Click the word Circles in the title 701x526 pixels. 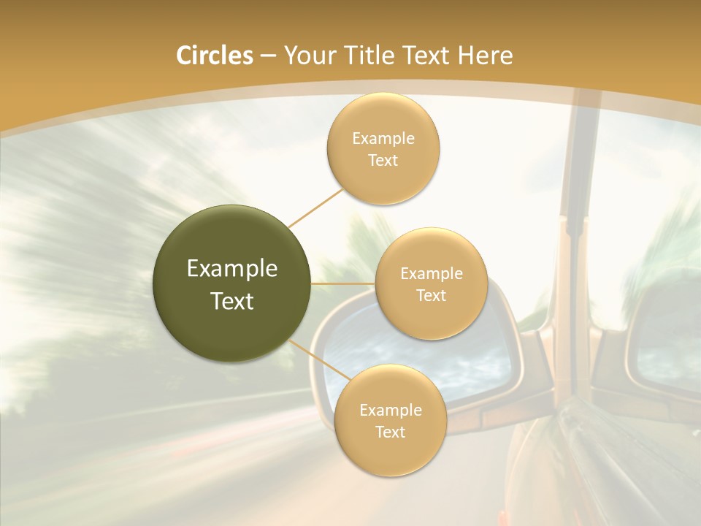pos(215,56)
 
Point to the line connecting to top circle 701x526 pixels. pos(315,208)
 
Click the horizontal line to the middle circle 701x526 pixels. pos(343,283)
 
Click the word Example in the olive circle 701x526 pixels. pos(232,269)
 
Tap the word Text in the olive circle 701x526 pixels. pos(232,301)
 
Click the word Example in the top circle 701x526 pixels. pos(383,139)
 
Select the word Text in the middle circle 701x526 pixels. pos(431,296)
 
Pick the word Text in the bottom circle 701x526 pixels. pos(390,432)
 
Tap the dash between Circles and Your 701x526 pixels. pos(267,56)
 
